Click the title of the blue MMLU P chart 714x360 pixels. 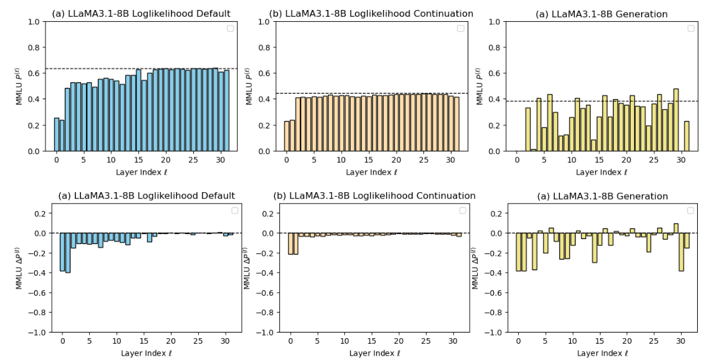pyautogui.click(x=140, y=14)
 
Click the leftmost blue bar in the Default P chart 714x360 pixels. pyautogui.click(x=57, y=134)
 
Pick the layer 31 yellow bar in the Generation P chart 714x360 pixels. pyautogui.click(x=687, y=136)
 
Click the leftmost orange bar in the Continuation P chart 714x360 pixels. pyautogui.click(x=287, y=136)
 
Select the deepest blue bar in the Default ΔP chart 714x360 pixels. pyautogui.click(x=68, y=253)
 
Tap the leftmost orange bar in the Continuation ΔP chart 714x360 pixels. pyautogui.click(x=290, y=243)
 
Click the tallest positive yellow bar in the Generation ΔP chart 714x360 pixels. pyautogui.click(x=676, y=228)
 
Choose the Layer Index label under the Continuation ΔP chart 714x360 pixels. pyautogui.click(x=374, y=353)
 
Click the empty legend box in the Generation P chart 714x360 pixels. pyautogui.click(x=691, y=28)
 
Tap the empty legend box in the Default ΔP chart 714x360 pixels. pyautogui.click(x=234, y=211)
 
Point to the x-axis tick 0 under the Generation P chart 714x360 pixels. pyautogui.click(x=516, y=160)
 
